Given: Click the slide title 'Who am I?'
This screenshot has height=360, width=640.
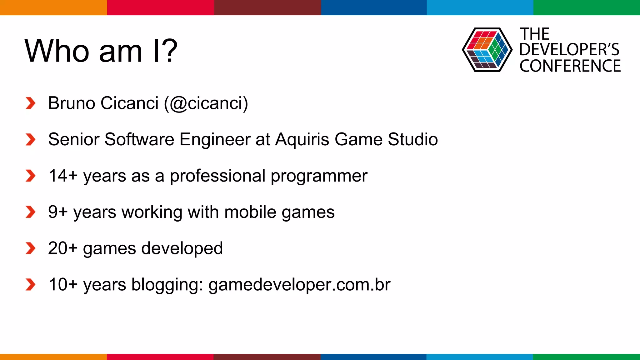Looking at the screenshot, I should [x=101, y=51].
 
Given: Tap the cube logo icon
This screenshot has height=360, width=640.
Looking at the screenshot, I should [x=487, y=50].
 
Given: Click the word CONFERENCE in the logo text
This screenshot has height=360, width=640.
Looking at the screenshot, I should [x=570, y=66].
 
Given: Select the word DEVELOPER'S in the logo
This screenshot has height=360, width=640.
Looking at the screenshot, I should [x=569, y=50].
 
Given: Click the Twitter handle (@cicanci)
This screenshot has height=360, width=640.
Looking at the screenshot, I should [x=206, y=103].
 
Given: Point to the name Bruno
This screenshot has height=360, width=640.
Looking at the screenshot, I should [x=72, y=103].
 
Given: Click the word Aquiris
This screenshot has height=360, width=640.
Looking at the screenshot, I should [x=302, y=139].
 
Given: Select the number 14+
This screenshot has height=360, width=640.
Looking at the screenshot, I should [x=63, y=176].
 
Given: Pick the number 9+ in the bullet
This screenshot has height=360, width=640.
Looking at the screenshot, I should [x=58, y=212].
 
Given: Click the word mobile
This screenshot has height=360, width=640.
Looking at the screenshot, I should [x=250, y=212].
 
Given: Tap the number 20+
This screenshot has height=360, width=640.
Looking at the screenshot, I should [x=62, y=248].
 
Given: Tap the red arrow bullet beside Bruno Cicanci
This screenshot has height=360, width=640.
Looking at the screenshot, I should [x=30, y=103].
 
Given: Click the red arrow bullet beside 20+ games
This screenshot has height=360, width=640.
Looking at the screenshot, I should [x=30, y=248].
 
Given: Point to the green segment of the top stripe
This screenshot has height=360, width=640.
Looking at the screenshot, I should [x=587, y=7].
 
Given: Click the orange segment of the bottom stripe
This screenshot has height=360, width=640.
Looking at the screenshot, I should [x=53, y=357].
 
